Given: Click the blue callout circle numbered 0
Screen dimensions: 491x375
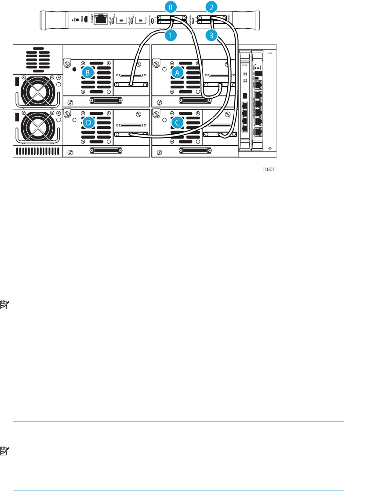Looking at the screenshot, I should click(x=171, y=7).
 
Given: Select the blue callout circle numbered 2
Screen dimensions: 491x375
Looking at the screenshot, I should click(x=211, y=7).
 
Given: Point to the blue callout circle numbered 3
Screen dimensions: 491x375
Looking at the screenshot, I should click(x=211, y=36).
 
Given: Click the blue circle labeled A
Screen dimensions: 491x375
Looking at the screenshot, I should click(x=177, y=73).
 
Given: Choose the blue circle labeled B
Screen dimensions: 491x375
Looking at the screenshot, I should click(x=89, y=72).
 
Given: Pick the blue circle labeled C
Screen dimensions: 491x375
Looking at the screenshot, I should click(x=177, y=123).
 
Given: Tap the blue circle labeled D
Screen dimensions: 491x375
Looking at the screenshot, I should click(x=89, y=123).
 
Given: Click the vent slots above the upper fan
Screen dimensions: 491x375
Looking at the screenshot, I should click(x=38, y=59).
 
